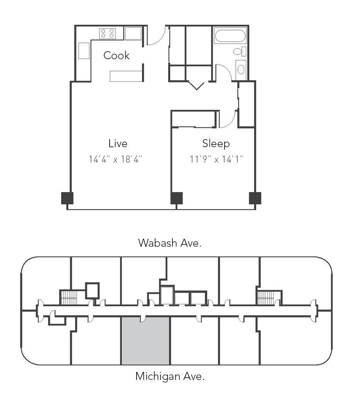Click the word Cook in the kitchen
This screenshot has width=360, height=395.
tap(116, 56)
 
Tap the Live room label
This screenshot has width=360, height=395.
tap(118, 143)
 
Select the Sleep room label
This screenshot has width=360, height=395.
tap(216, 143)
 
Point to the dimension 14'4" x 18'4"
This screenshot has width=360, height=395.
tap(118, 159)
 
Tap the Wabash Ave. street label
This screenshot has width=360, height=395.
tap(170, 243)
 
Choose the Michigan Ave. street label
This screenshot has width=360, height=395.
tap(170, 376)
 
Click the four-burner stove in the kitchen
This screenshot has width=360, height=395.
tap(108, 33)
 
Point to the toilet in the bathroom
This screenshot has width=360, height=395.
tap(238, 51)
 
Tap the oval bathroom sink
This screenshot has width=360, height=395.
tap(241, 69)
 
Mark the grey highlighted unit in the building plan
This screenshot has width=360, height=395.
tap(145, 341)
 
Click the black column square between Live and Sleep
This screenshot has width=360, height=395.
tap(176, 198)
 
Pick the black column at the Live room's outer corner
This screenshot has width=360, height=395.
tap(67, 198)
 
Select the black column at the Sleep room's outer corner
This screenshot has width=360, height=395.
tap(255, 198)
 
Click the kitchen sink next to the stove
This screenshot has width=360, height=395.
tap(133, 34)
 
